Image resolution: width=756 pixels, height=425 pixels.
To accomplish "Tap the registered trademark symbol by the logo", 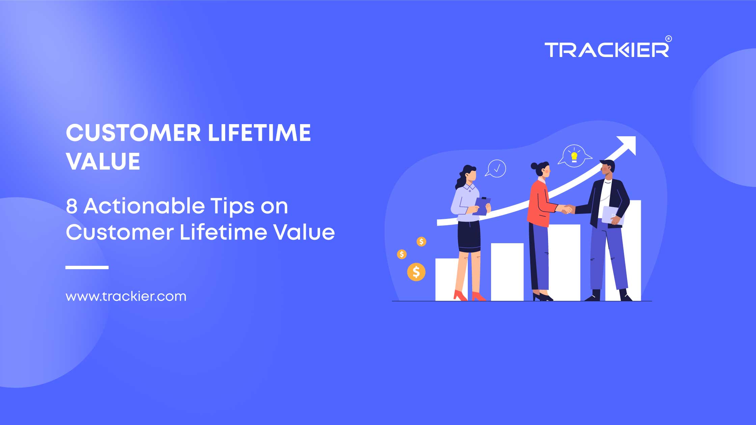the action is [x=669, y=39].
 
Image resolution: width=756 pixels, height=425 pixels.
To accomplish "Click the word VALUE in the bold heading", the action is [x=103, y=161].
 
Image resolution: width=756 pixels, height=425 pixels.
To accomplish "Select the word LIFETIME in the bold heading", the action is [x=259, y=133].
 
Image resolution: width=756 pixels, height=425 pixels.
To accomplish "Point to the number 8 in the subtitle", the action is [x=72, y=206].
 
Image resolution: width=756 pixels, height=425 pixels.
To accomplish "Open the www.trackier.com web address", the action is [x=126, y=296].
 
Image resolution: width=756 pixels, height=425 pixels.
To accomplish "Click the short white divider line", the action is [x=87, y=267].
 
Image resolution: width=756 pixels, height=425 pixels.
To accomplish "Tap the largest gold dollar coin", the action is [x=416, y=272].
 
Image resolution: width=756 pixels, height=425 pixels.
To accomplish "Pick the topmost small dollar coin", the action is [x=421, y=242].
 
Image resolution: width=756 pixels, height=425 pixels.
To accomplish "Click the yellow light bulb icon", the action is [x=574, y=157].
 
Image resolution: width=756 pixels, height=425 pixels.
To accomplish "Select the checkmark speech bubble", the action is [x=496, y=168].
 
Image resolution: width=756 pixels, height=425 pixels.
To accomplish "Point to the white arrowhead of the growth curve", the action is [x=627, y=144].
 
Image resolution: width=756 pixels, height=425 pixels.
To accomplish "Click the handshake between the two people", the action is [x=566, y=209].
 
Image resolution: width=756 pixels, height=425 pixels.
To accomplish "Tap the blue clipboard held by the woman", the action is [x=482, y=206].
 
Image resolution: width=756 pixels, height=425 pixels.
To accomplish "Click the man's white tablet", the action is [x=612, y=215].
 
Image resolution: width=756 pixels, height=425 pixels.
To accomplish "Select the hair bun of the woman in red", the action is [x=534, y=166].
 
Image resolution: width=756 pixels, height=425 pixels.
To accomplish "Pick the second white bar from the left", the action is [x=507, y=272].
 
